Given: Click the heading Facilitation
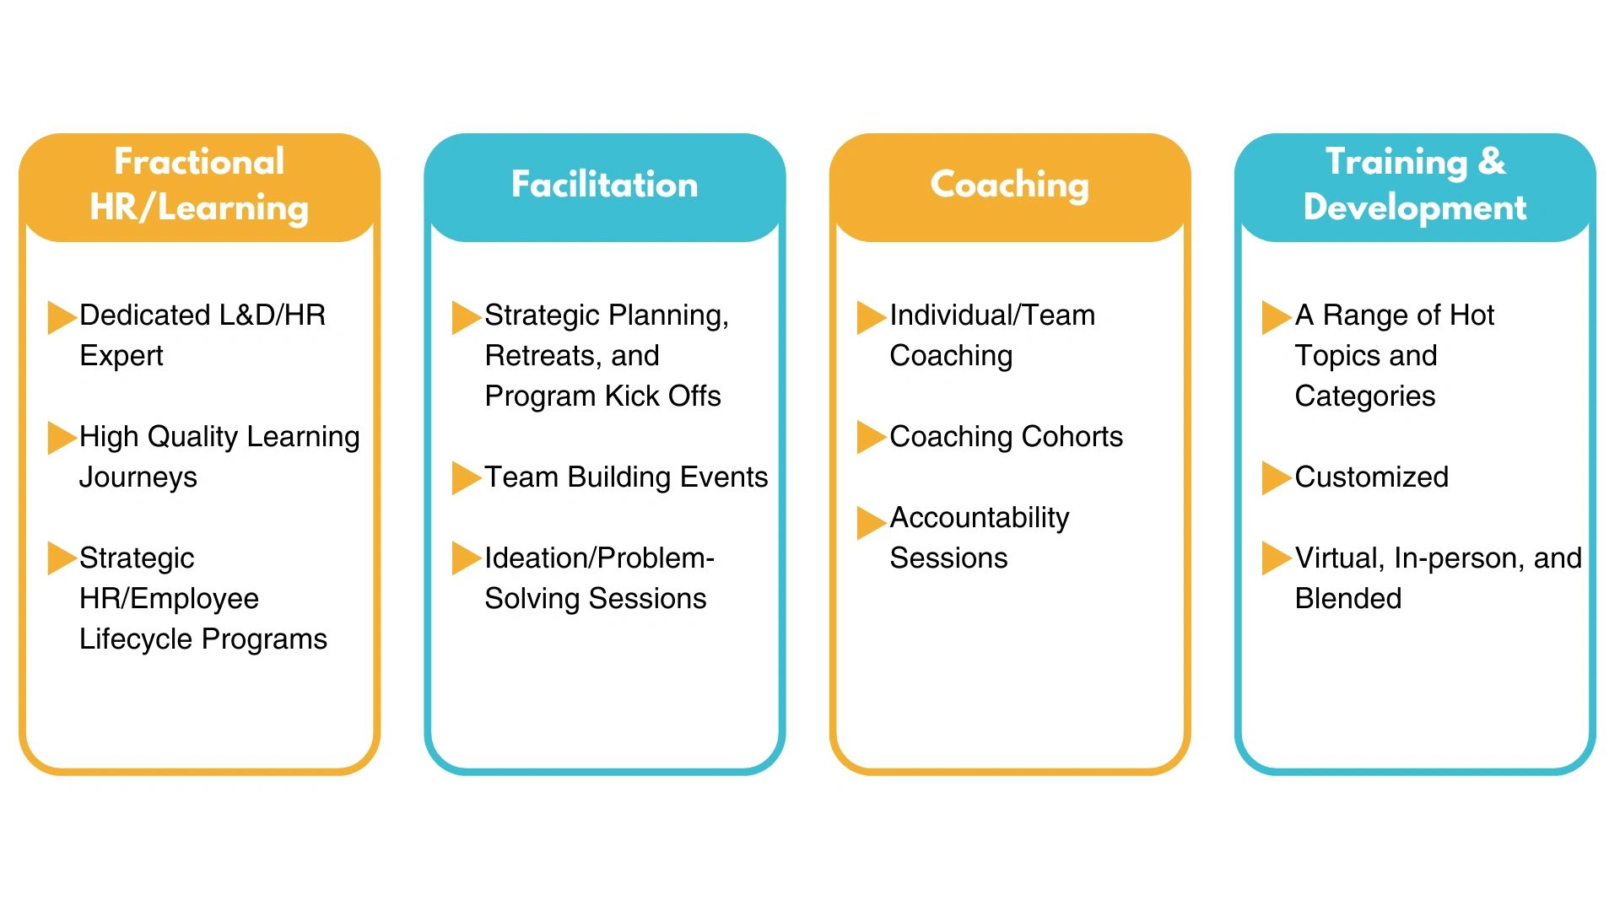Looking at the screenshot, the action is [604, 185].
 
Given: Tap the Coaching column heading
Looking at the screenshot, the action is [1009, 186].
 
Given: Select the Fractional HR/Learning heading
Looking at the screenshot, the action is [199, 185].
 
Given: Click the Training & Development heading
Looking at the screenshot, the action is [1415, 185].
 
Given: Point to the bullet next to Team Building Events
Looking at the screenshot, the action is [467, 478].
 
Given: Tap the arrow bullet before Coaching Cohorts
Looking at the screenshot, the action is [872, 437].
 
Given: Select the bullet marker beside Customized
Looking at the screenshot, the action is [1277, 478].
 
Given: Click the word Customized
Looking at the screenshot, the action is [1371, 477].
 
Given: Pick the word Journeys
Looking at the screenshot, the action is [138, 478].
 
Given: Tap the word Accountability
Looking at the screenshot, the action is [980, 519].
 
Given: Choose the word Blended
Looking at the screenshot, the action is [1348, 598].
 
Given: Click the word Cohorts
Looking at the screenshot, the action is [1072, 437].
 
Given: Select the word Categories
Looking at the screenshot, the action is [1365, 397].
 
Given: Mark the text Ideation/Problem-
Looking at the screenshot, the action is [600, 558].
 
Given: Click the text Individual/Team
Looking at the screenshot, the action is [992, 315].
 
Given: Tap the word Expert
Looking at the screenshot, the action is [121, 357].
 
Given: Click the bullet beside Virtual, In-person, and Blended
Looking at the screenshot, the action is [1277, 558].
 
